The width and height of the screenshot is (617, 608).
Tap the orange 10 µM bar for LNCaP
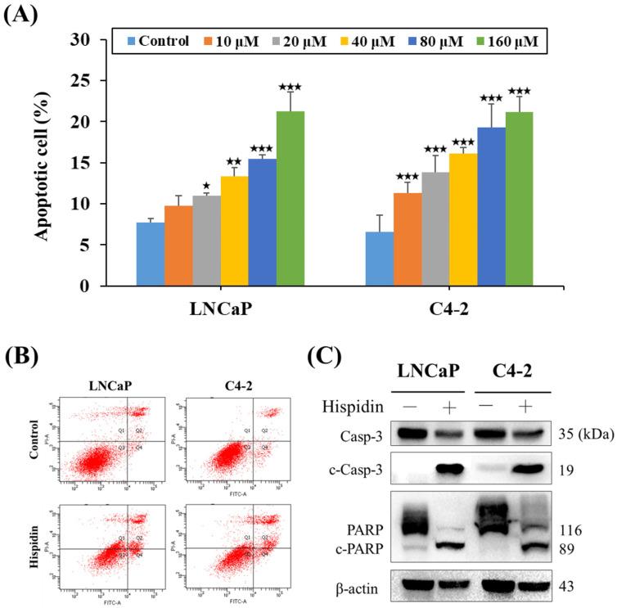click(179, 245)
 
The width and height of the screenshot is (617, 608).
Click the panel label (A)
click(20, 14)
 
